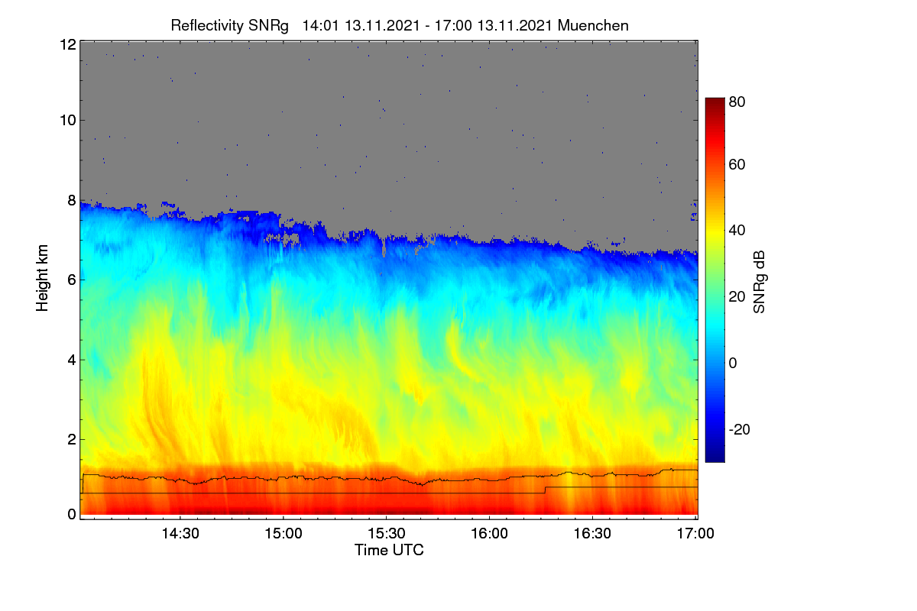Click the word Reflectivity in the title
(207, 26)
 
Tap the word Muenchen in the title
(593, 26)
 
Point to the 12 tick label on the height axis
(68, 44)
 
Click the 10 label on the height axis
(68, 121)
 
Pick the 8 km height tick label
(72, 201)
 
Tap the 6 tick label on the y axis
(72, 280)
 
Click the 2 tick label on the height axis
(72, 439)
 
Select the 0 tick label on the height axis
(72, 514)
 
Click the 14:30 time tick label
(180, 533)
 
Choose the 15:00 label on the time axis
(284, 533)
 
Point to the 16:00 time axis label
(489, 533)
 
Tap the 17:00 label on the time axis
(695, 533)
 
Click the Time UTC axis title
(389, 550)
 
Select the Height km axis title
(42, 278)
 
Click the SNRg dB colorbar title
(759, 283)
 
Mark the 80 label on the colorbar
(737, 102)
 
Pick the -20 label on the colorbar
(740, 430)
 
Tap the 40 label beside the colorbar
(737, 231)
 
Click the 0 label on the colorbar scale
(733, 363)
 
